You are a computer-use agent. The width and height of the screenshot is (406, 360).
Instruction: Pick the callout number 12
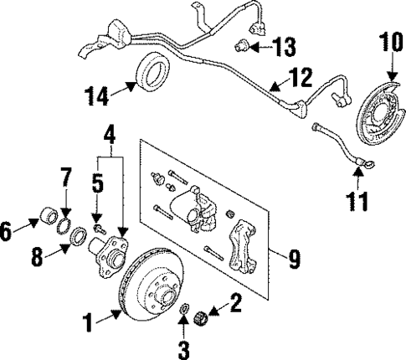[301, 77]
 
